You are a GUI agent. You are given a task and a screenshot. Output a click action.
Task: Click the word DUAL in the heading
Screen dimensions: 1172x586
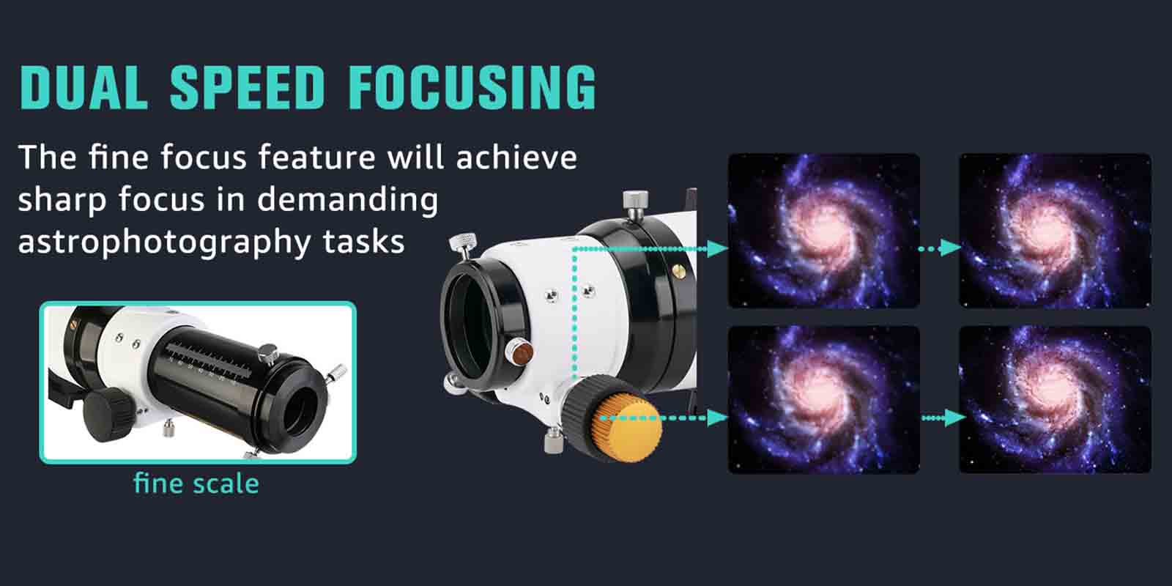pos(84,87)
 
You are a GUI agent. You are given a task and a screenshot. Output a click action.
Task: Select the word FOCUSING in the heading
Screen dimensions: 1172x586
pos(472,87)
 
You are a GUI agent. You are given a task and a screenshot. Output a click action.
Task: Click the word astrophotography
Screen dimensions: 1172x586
pos(164,242)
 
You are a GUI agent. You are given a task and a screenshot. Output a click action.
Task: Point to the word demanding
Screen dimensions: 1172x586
pos(347,201)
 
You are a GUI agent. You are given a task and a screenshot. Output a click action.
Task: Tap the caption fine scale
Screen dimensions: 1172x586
pos(196,483)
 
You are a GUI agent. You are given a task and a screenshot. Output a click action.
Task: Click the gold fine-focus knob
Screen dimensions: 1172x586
pos(627,428)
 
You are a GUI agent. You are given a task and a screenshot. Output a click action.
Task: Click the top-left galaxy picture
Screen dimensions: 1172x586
pos(824,230)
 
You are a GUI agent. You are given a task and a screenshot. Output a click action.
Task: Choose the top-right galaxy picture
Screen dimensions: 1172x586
pos(1056,230)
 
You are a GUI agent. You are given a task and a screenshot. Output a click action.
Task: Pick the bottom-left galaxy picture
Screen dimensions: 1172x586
pos(824,400)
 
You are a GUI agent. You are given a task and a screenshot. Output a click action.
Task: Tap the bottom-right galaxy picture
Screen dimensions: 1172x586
pos(1056,400)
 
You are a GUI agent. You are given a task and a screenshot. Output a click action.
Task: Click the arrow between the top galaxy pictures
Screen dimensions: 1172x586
pos(940,248)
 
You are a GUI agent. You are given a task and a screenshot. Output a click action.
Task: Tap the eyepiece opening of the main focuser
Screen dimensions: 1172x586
pos(467,325)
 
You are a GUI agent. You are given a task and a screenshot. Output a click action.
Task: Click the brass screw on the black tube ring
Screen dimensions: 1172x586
pos(678,271)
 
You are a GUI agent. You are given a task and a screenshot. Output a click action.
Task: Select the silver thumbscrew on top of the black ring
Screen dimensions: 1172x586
pos(635,205)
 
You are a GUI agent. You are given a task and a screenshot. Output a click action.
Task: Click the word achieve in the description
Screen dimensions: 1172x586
pos(517,157)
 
